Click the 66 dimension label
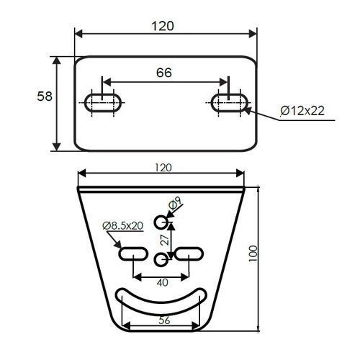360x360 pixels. [164, 73]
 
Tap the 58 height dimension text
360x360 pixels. [45, 96]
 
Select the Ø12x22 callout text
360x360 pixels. [302, 111]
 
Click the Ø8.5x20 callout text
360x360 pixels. [123, 225]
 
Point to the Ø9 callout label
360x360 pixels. [176, 203]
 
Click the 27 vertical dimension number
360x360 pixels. [165, 240]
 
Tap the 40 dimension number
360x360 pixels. [163, 282]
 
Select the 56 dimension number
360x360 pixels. [164, 320]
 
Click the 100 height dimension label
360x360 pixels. [253, 253]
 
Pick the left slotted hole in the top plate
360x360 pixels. [103, 103]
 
